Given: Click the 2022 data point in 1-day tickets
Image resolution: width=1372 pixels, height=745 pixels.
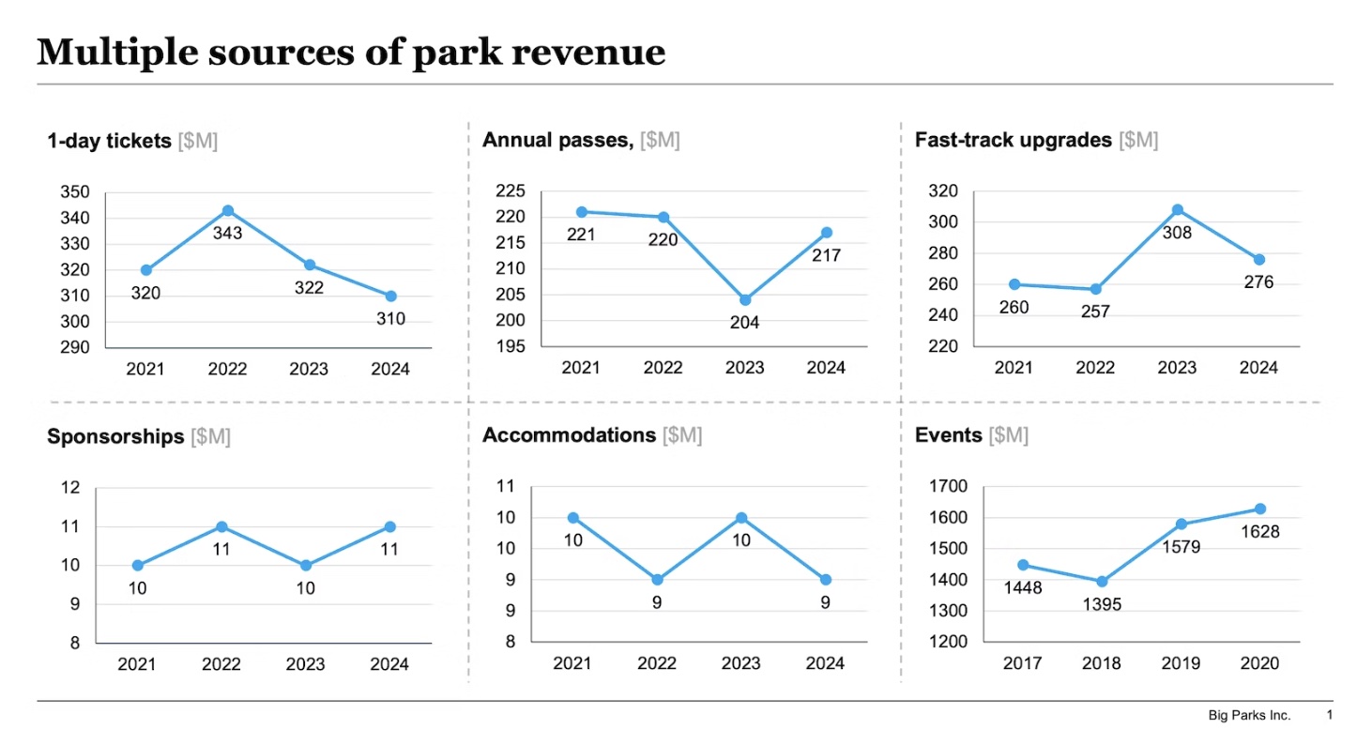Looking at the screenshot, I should point(228,211).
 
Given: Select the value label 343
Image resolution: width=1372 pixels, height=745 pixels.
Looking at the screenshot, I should point(228,234).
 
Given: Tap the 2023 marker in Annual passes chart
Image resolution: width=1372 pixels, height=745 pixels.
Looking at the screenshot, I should point(745,300).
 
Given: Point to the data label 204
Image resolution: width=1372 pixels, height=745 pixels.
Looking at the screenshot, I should point(745,323).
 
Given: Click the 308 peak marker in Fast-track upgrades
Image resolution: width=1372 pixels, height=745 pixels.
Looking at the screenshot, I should point(1177,210).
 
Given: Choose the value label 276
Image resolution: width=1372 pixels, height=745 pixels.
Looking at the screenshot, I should point(1259,281).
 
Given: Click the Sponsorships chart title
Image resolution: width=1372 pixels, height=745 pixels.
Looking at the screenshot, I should point(115,437).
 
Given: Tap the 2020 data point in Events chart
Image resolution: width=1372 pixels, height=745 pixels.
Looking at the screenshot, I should point(1260,509).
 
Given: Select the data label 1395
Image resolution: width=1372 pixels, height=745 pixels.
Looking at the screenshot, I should point(1102,605).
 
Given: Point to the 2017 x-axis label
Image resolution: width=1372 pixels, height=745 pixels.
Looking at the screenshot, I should point(1023,663).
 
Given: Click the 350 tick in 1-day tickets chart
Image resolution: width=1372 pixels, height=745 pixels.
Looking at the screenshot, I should point(75,192).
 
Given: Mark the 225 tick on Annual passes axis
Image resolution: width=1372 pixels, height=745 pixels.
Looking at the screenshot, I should point(510,190).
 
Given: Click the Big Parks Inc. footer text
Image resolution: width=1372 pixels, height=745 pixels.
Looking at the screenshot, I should point(1249,716).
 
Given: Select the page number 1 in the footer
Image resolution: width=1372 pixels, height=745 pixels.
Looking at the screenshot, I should point(1330,715).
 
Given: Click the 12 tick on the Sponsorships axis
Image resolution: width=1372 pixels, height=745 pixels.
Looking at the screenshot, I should point(70,488).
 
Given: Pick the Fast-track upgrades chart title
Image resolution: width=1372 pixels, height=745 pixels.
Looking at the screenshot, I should point(1013,140).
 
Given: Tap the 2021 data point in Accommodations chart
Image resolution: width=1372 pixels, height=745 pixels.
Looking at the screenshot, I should point(572,518).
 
